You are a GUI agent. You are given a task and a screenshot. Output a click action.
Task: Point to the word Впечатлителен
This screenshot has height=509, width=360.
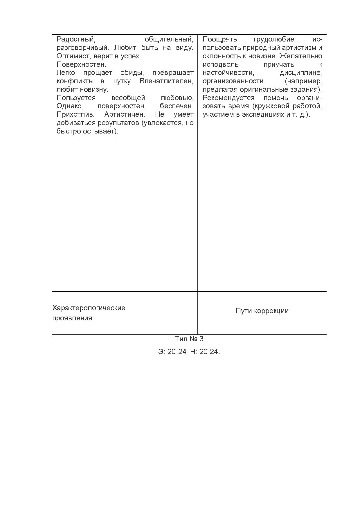click(166, 81)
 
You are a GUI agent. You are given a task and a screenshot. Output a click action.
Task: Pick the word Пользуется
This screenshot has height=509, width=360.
click(76, 98)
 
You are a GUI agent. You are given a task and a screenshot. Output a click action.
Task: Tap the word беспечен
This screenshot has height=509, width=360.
click(177, 106)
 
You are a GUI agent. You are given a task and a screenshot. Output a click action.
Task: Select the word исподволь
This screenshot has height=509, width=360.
click(221, 64)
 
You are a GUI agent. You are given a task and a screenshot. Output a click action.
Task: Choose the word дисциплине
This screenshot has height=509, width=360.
click(301, 73)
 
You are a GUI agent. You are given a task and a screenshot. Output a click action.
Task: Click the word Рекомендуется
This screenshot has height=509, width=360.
click(228, 98)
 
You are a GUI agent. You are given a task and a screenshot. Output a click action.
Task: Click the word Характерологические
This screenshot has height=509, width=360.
click(89, 308)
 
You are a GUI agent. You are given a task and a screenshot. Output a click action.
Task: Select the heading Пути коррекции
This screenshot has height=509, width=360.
click(262, 311)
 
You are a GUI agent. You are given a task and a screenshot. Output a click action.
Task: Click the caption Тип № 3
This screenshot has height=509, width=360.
click(189, 339)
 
